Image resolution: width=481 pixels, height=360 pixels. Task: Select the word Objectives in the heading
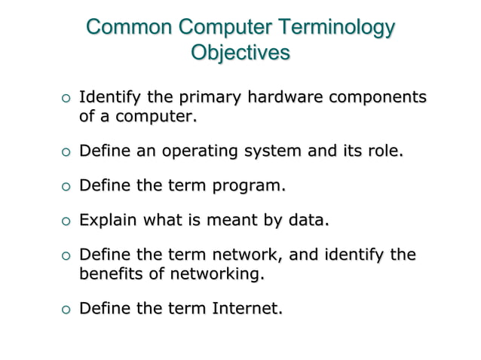pos(240,54)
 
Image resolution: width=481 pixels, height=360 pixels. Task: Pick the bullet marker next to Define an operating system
pos(65,154)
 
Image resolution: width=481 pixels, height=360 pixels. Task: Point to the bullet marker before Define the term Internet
pos(65,310)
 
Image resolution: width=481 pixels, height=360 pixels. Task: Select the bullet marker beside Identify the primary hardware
pos(65,99)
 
